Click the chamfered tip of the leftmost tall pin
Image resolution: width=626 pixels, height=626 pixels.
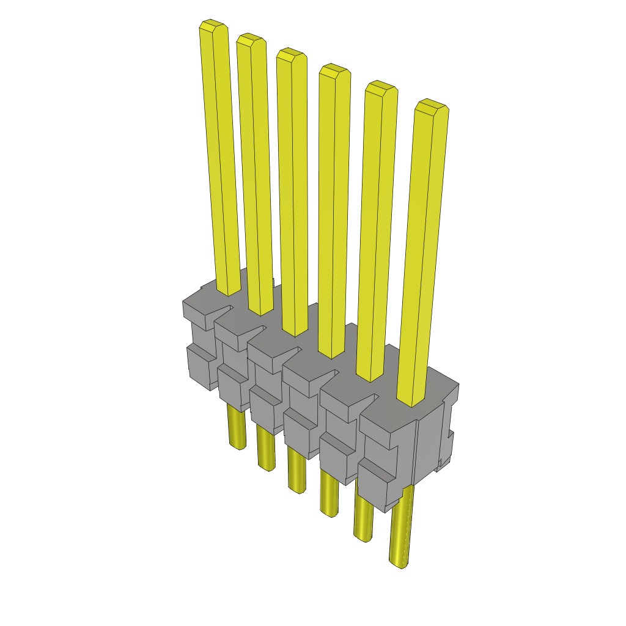[213, 26]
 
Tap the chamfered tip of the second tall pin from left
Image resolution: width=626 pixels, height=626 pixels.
[251, 40]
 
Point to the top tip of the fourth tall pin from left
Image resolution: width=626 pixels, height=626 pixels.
[334, 71]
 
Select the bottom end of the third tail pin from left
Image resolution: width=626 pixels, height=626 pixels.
[298, 489]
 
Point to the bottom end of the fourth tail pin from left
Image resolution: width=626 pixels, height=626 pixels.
[329, 513]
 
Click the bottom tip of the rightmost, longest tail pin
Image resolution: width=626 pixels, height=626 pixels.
[399, 564]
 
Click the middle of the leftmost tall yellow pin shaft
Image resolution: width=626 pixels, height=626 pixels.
[220, 159]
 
